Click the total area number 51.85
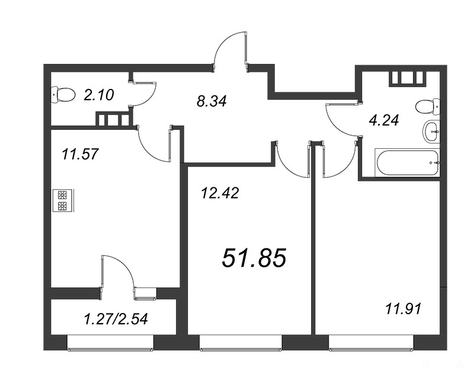[x=254, y=258]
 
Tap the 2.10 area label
[x=99, y=95]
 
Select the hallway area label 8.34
[x=212, y=101]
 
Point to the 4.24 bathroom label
[x=384, y=120]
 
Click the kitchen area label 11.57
[x=80, y=154]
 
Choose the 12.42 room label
[x=220, y=193]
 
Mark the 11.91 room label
[x=403, y=309]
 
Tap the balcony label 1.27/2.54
[x=116, y=319]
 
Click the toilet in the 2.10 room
[x=63, y=95]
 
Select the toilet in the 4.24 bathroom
[x=428, y=107]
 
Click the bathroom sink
[x=431, y=132]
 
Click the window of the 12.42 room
[x=241, y=343]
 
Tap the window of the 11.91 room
[x=371, y=343]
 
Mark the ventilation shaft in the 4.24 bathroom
[x=407, y=78]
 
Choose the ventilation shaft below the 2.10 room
[x=114, y=119]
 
